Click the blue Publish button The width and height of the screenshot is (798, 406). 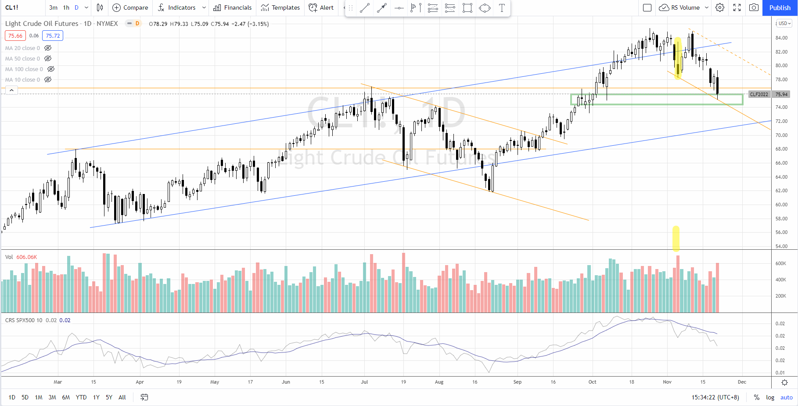point(780,7)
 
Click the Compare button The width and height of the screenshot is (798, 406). point(130,7)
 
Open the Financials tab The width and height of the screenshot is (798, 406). point(232,7)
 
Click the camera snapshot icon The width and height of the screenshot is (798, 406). point(754,7)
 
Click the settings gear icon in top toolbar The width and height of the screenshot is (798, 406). point(720,7)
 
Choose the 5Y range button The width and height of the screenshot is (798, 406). point(109,397)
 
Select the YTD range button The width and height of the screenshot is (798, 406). point(81,397)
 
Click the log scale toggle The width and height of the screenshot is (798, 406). point(770,397)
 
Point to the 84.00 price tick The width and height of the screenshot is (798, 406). point(781,38)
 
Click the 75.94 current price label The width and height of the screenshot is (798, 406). point(781,94)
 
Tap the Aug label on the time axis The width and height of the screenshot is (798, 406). point(439,382)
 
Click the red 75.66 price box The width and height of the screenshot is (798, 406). point(15,36)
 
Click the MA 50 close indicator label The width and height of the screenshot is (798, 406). point(22,58)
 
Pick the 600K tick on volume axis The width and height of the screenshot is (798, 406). point(781,263)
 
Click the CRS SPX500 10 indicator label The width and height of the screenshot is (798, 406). point(24,320)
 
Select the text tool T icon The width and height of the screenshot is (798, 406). point(502,8)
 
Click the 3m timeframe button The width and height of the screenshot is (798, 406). point(53,7)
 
